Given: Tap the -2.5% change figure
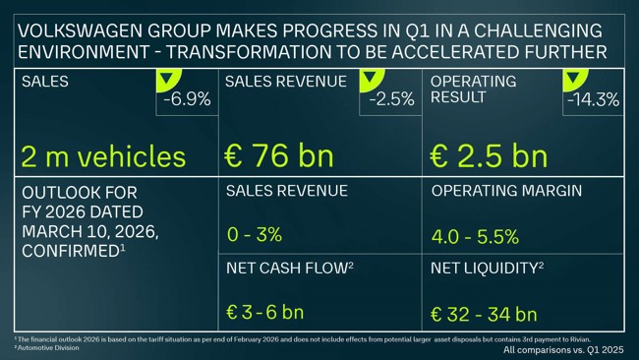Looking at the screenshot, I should coord(390,100).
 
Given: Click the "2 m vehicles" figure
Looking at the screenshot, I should coord(102,156).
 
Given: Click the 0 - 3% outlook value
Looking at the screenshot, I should coord(254,235).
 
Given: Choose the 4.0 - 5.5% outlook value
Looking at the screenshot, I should coord(475,237).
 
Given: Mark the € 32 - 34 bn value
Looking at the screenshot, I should coord(484,315).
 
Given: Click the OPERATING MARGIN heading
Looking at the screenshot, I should coord(506,191).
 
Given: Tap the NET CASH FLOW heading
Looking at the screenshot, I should coord(282,268).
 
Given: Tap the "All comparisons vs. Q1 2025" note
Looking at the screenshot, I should coord(563,350).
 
